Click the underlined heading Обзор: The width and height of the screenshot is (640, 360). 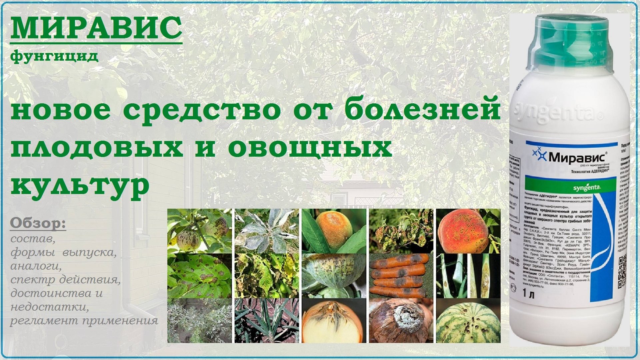pos(38,224)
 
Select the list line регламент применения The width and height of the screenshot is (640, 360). pos(84,321)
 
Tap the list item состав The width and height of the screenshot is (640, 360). pos(33,239)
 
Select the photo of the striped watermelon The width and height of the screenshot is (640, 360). pos(468,321)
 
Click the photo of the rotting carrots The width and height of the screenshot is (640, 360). pos(401,276)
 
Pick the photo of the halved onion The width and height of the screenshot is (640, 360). pos(334,321)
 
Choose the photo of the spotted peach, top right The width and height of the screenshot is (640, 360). pos(468,231)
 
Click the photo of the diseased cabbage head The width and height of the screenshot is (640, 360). pos(334,276)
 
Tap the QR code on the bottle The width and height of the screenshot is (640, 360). pos(622,270)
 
